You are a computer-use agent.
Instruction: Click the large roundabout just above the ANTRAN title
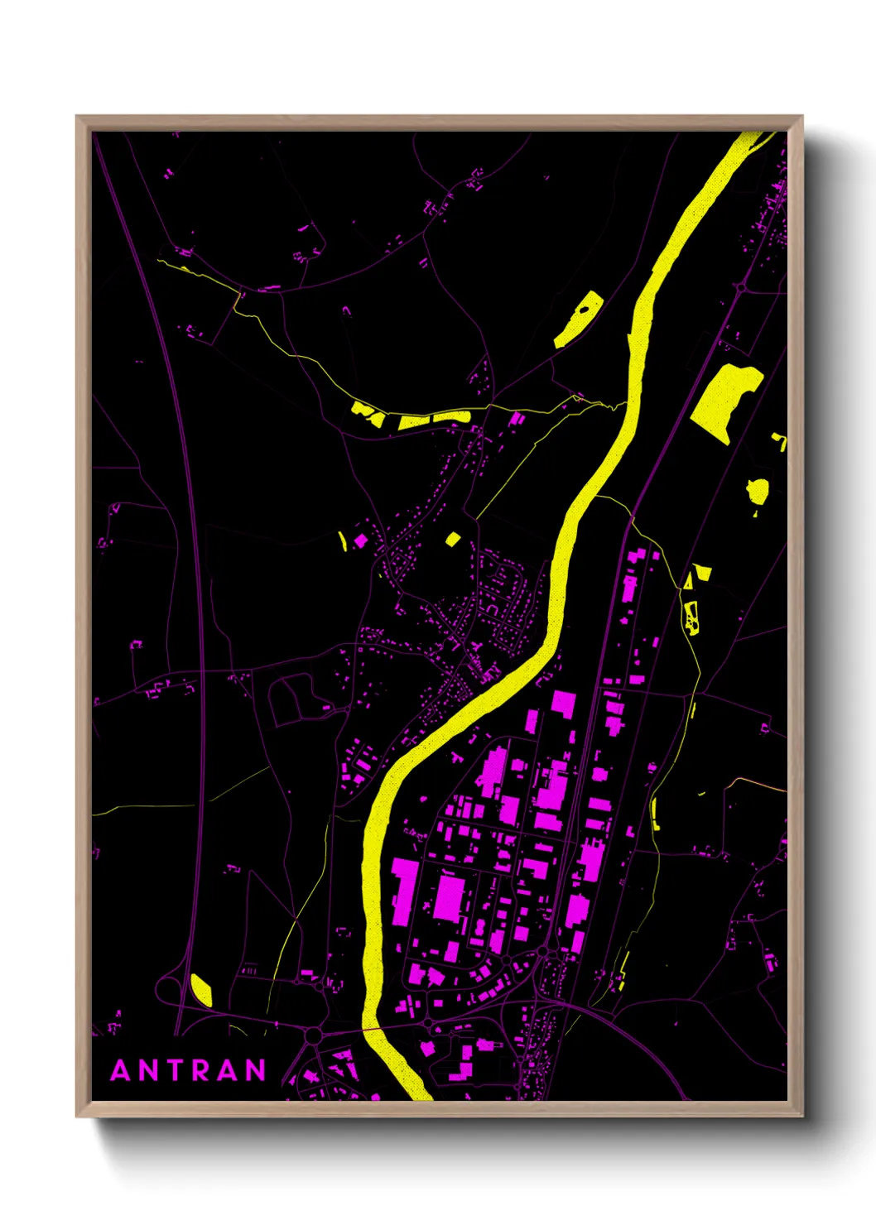[313, 1035]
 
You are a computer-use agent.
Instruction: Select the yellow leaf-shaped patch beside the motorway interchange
[201, 990]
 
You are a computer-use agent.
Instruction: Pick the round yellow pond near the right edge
[757, 491]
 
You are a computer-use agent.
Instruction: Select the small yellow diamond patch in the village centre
[453, 540]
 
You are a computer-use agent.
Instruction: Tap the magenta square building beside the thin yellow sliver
[360, 540]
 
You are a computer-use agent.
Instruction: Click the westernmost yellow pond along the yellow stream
[367, 411]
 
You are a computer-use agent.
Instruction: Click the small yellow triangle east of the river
[702, 570]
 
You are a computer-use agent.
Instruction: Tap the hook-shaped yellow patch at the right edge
[780, 440]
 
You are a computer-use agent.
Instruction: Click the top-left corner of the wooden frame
[78, 117]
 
